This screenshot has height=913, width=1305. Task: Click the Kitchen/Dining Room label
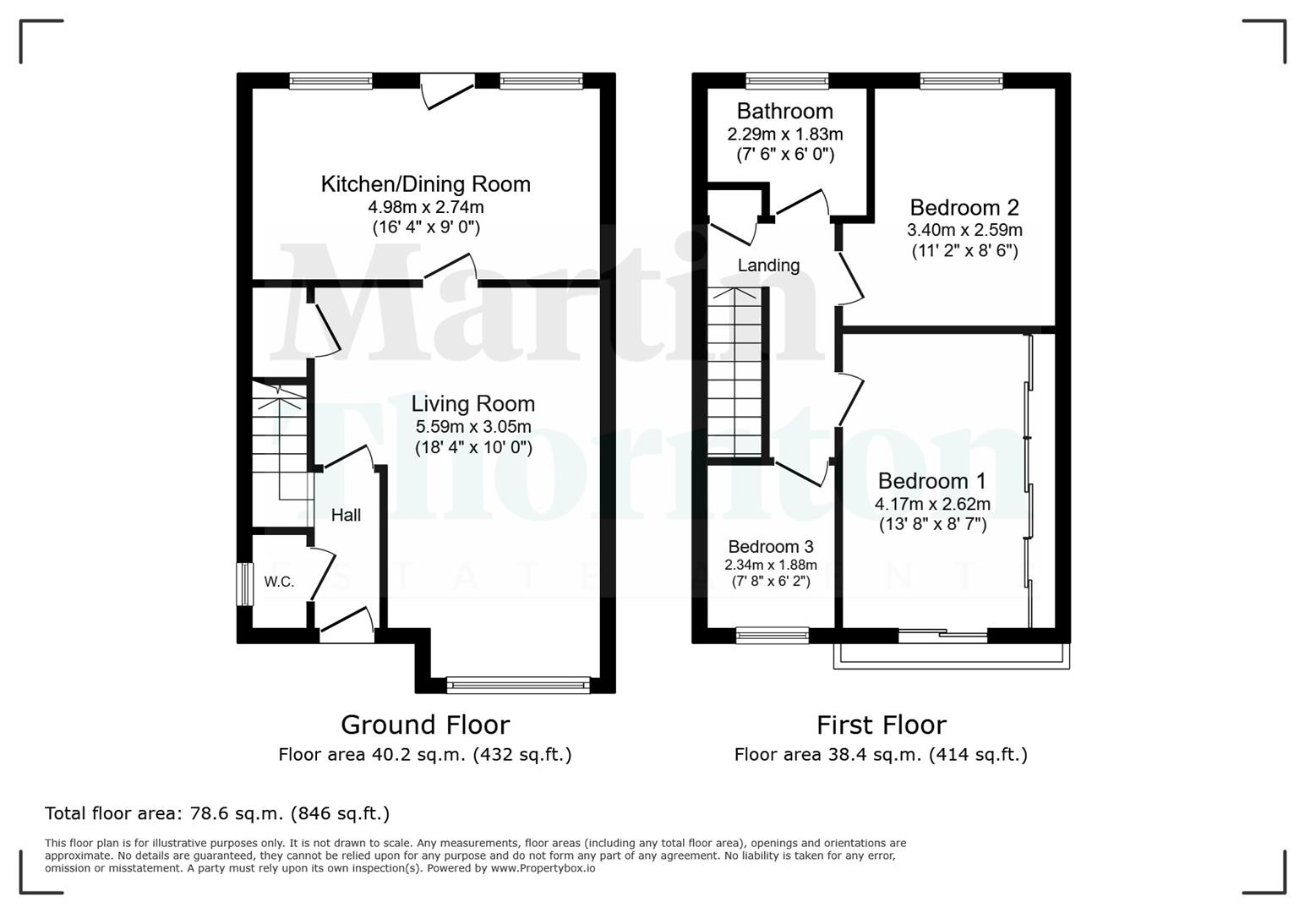click(x=425, y=184)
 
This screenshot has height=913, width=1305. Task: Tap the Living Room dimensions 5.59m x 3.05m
click(x=472, y=426)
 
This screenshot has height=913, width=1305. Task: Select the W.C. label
click(x=279, y=582)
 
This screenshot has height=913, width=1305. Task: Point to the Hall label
click(x=346, y=515)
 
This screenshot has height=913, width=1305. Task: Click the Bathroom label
click(x=784, y=112)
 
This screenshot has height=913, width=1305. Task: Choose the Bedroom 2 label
click(x=964, y=207)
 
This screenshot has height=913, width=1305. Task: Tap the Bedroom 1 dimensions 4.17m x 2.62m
click(x=932, y=504)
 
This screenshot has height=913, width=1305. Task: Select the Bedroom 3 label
click(x=770, y=546)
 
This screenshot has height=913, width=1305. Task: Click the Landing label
click(x=768, y=265)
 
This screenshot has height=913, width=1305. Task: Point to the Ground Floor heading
click(x=424, y=724)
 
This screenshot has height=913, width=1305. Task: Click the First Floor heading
click(x=881, y=724)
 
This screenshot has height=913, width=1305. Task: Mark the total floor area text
click(x=217, y=813)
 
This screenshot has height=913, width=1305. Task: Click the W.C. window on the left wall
click(x=243, y=583)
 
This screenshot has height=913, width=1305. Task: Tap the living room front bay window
click(x=518, y=685)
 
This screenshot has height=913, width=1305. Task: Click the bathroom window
click(x=787, y=81)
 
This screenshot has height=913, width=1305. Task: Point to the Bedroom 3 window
click(x=772, y=635)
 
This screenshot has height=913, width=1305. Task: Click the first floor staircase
click(x=736, y=372)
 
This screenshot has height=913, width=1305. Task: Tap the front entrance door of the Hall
click(x=347, y=626)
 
